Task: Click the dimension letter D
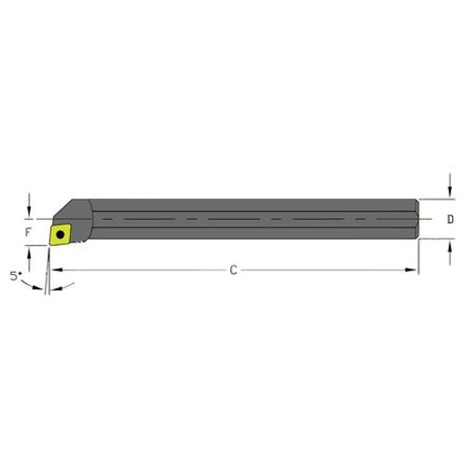(450, 220)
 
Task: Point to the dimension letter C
(233, 270)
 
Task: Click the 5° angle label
(13, 276)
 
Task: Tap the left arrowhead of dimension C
(55, 270)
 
